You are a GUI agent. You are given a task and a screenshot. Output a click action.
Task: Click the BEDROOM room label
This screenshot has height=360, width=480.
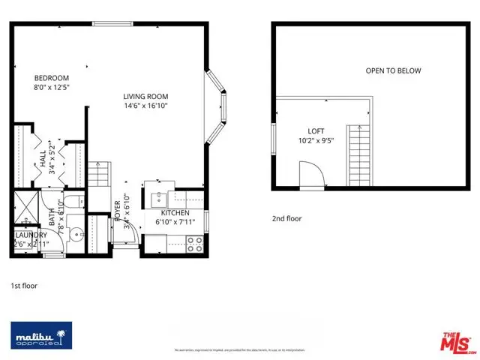click(51, 78)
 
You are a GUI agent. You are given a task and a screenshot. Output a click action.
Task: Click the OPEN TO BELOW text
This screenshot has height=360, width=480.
click(393, 71)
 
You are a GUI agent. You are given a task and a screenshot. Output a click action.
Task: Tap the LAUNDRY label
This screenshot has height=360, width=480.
click(30, 235)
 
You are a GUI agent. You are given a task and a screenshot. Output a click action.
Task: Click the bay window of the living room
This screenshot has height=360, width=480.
click(214, 107)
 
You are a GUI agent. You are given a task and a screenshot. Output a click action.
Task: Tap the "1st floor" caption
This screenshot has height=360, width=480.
click(24, 286)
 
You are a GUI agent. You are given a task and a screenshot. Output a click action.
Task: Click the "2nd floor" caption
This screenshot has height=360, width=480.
click(287, 219)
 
